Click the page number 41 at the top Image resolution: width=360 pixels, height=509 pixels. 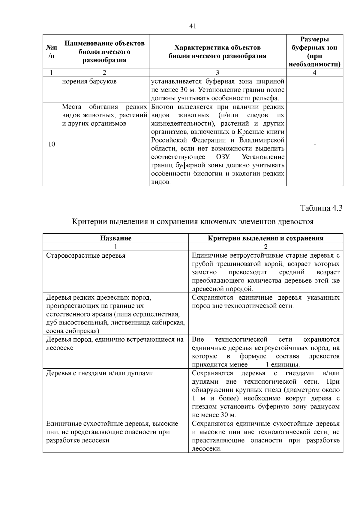pos(193,26)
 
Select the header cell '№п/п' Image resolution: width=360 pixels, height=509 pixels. pos(51,52)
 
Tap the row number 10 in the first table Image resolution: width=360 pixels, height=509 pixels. pos(52,144)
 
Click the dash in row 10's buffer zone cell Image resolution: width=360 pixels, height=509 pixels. pos(314,145)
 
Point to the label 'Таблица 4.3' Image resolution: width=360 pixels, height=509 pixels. pos(321,208)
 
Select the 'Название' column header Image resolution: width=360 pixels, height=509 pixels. pos(116,238)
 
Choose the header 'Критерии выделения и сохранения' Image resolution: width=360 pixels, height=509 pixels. pos(265,238)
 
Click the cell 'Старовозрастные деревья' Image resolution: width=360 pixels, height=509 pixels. pos(86,256)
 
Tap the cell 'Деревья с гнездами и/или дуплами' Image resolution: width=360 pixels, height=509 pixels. pos(100,373)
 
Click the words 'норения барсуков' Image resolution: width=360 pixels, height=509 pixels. pos(89,82)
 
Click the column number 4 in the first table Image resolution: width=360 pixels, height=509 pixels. pos(314,73)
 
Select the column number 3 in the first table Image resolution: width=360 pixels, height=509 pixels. pos(217,73)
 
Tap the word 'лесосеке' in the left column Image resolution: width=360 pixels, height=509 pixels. pos(60,348)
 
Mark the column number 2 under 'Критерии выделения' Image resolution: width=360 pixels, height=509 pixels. pos(265,247)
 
